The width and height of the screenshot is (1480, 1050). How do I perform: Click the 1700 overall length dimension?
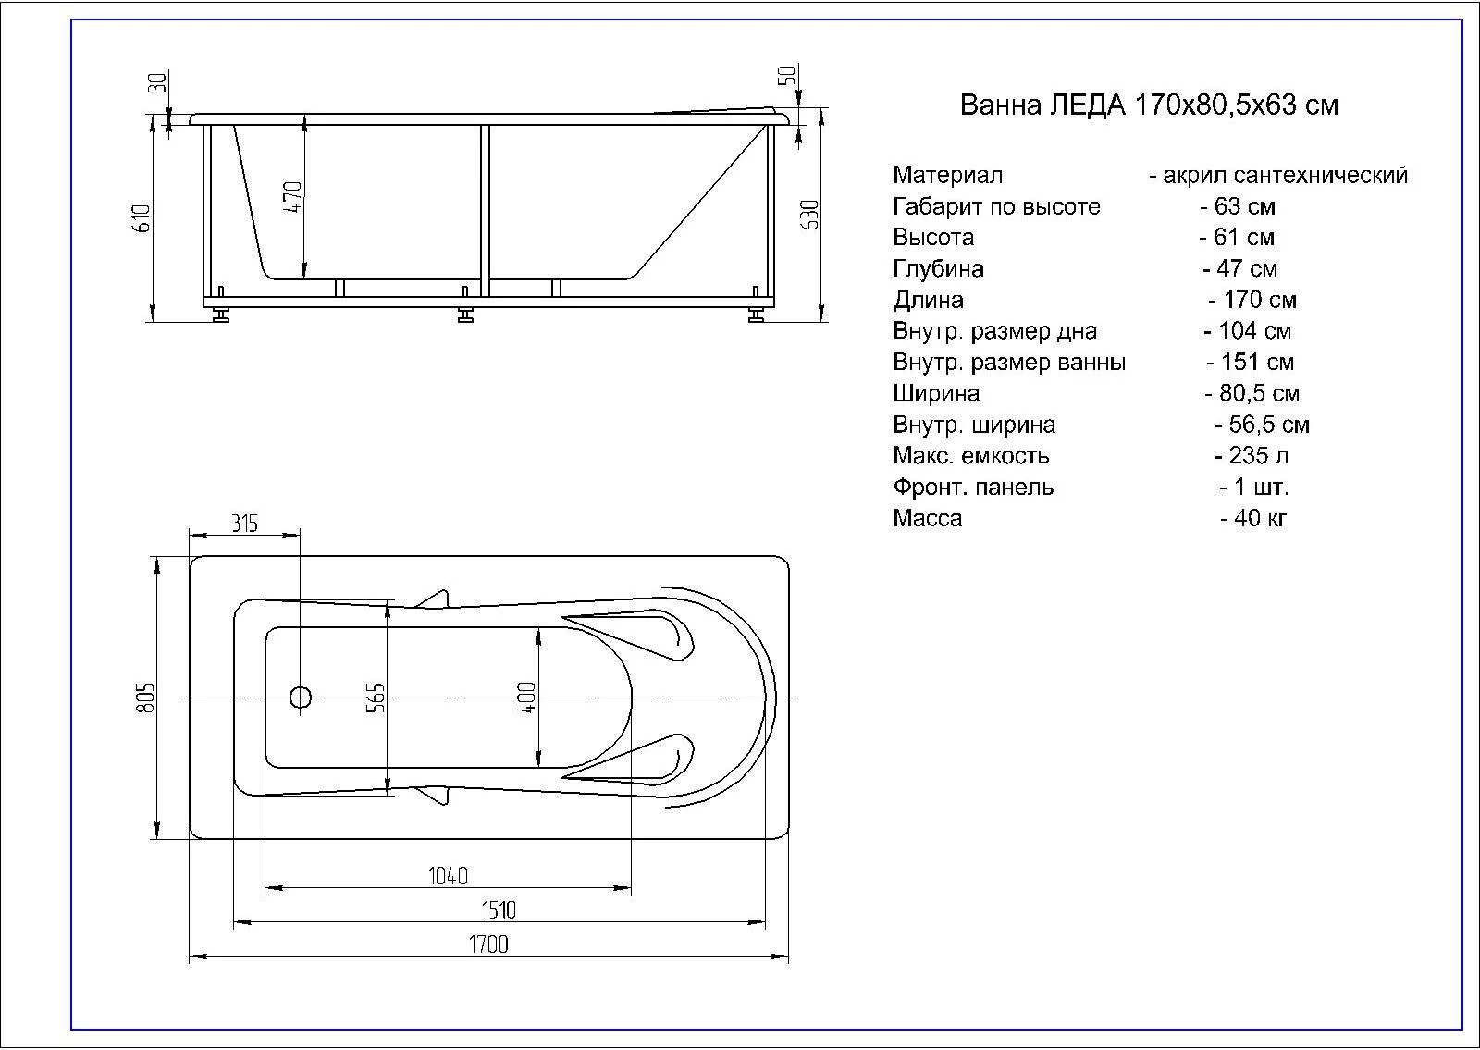[488, 945]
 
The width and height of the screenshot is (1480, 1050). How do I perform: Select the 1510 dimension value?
[499, 910]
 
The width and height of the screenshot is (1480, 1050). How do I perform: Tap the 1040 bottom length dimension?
[448, 875]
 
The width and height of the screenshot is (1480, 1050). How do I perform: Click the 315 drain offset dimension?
[244, 524]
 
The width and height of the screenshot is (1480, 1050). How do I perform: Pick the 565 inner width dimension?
[375, 698]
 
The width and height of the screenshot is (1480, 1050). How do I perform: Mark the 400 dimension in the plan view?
[526, 698]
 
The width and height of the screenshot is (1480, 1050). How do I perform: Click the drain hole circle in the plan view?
[301, 697]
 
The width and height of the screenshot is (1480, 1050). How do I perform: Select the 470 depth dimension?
[292, 197]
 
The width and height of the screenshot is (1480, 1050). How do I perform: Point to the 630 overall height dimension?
[809, 215]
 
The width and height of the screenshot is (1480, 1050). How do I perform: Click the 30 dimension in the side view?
[157, 82]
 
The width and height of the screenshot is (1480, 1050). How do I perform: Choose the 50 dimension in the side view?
[787, 76]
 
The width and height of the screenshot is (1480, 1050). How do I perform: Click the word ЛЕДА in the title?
[1088, 105]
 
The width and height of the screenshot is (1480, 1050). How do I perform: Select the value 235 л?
[1252, 456]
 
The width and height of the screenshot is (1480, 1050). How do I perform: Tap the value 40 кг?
[1253, 518]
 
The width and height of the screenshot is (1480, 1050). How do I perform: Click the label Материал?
[947, 175]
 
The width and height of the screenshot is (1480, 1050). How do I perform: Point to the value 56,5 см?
[1262, 425]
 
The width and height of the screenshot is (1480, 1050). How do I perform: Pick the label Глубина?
[938, 269]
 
